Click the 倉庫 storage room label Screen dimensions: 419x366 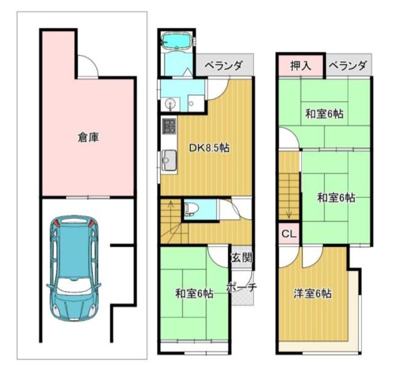click(89, 137)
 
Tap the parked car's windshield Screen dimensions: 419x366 click(74, 287)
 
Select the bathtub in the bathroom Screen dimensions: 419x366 click(177, 41)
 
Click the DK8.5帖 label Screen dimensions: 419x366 click(209, 148)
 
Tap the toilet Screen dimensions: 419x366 click(191, 209)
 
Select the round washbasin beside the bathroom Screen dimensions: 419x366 click(169, 104)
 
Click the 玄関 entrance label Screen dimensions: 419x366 click(241, 258)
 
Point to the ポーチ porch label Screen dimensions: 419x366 click(241, 287)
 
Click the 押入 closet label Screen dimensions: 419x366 click(301, 66)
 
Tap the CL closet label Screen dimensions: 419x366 click(289, 234)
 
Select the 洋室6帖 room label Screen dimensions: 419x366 click(312, 294)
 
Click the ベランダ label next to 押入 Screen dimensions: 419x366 click(348, 66)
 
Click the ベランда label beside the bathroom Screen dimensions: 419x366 click(224, 66)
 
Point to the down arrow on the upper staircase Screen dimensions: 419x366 click(289, 214)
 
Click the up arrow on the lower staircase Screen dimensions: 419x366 click(170, 205)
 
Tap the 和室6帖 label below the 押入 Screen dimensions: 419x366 click(325, 114)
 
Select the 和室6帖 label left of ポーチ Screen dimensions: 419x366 click(194, 294)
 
